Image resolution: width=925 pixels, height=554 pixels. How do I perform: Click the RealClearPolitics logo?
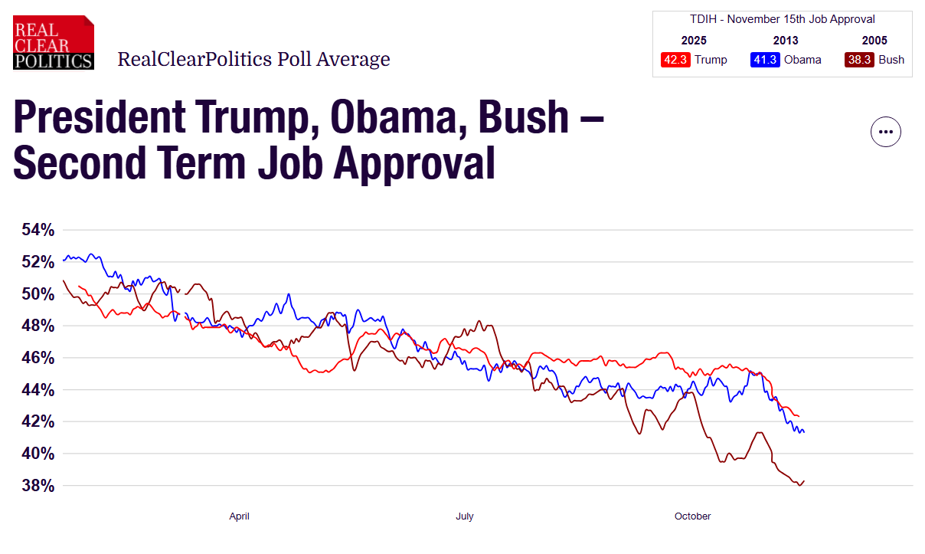(x=54, y=43)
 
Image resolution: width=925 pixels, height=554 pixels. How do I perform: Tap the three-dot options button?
(x=886, y=132)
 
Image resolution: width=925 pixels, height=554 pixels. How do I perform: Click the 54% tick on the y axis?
(x=37, y=230)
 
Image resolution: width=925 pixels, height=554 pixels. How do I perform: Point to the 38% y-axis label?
(x=37, y=486)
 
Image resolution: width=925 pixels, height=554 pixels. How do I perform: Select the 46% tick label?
(x=37, y=358)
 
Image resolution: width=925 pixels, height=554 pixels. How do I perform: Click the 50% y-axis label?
(x=37, y=294)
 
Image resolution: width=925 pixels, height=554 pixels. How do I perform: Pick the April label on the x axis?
(x=239, y=516)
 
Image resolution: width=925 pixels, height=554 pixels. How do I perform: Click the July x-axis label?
(x=464, y=516)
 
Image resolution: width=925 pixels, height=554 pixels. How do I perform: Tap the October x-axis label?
(x=692, y=516)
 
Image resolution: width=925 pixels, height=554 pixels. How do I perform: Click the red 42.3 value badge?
(x=675, y=60)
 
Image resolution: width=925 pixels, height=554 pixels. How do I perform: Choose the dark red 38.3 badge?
(x=859, y=60)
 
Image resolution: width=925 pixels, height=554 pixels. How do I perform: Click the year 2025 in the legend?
(x=694, y=41)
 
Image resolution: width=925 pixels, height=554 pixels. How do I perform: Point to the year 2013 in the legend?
(x=786, y=41)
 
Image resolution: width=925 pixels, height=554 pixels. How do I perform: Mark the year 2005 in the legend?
(x=874, y=41)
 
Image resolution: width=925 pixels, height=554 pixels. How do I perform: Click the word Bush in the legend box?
(x=892, y=60)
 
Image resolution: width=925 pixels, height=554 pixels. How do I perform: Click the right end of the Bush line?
(x=804, y=481)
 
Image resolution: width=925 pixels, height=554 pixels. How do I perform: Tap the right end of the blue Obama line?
(x=803, y=432)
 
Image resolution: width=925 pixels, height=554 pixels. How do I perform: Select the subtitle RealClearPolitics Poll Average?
(x=253, y=59)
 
